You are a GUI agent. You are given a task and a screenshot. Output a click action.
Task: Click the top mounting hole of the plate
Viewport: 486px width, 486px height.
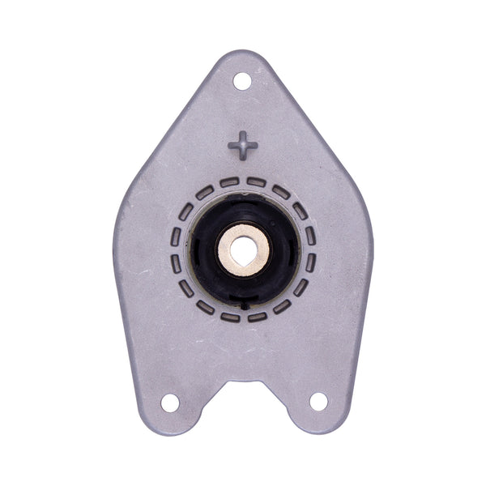tap(242, 81)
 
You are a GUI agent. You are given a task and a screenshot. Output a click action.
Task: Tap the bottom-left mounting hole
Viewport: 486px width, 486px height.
tap(170, 402)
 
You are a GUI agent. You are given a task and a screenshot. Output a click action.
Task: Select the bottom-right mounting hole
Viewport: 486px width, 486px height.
tap(318, 401)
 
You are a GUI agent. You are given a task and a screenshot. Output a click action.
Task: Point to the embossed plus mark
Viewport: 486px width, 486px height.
tap(242, 147)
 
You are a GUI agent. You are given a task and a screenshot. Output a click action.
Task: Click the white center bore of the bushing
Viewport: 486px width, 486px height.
tap(243, 249)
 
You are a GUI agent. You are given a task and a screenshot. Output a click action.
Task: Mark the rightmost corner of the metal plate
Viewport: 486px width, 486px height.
tap(371, 235)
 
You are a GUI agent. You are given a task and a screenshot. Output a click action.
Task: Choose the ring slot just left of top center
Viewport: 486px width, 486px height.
tap(229, 182)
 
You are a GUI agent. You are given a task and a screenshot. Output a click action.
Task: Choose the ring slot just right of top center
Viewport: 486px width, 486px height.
tap(257, 182)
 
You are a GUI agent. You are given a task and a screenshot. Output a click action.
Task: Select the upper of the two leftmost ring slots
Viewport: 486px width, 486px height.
tap(176, 236)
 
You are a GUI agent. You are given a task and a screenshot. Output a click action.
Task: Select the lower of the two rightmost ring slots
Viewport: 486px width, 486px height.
tap(310, 262)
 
